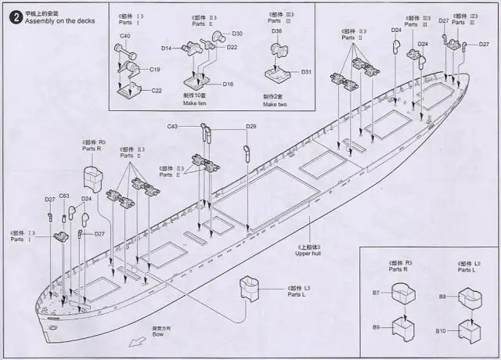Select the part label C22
tap(157, 91)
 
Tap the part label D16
tap(228, 84)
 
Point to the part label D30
tap(237, 34)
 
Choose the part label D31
tap(306, 72)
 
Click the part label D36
tap(277, 31)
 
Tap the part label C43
tap(173, 126)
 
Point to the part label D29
tap(250, 126)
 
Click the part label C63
tap(64, 196)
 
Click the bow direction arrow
tap(139, 340)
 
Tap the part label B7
tap(376, 293)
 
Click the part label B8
tap(442, 297)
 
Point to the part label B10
tap(441, 332)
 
